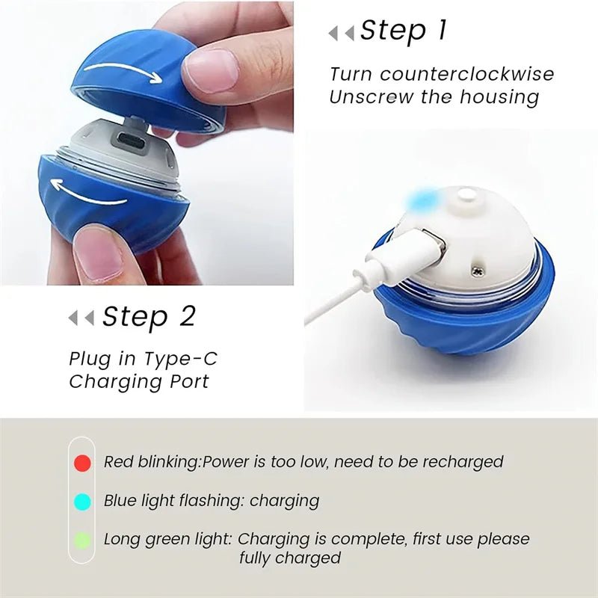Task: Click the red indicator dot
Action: point(83,463)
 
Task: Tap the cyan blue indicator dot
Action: point(83,502)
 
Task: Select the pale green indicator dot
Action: point(83,540)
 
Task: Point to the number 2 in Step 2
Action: point(187,317)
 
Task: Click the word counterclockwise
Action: point(467,74)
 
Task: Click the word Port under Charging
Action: point(187,381)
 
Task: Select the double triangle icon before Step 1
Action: point(342,33)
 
